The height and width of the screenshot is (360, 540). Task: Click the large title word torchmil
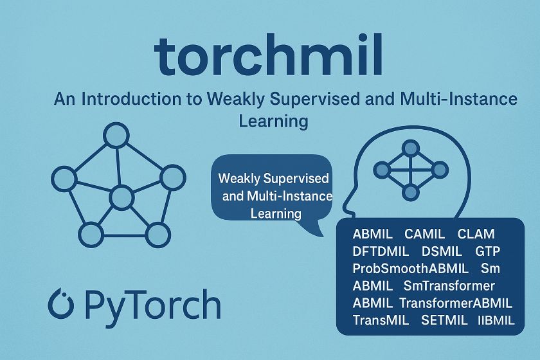pos(269,57)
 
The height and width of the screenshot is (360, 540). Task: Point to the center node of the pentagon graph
pos(120,198)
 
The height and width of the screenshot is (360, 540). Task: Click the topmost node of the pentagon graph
pos(117,136)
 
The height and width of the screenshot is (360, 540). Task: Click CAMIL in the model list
pos(424,233)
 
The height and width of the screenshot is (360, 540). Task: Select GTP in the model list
pos(488,251)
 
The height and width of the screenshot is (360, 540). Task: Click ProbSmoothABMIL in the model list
pos(407,268)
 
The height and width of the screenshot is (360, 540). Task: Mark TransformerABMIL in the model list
pos(456,303)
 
